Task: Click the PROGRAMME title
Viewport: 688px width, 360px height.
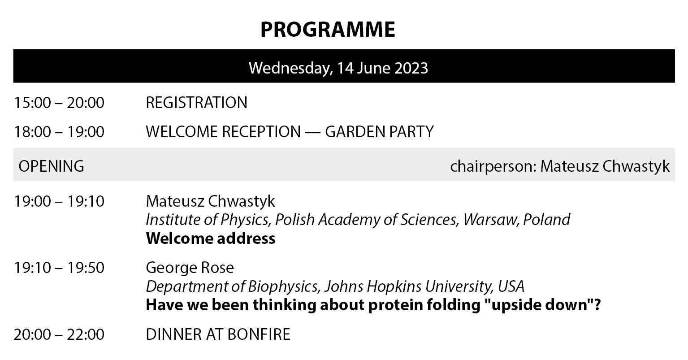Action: click(x=328, y=30)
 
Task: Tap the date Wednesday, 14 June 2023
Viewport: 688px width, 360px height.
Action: click(x=338, y=68)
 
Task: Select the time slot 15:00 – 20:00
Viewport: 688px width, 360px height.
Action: click(x=59, y=103)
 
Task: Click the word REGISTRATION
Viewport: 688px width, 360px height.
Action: click(x=197, y=103)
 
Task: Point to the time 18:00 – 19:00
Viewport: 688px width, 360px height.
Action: click(x=59, y=132)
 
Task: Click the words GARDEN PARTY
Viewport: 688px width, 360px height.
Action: click(x=379, y=132)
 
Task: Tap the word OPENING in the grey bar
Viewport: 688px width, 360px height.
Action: click(x=51, y=166)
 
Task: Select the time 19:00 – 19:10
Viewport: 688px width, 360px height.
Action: click(x=59, y=201)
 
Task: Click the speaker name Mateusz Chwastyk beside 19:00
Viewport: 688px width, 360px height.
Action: click(x=210, y=201)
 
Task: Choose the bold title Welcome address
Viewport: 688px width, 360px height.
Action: click(x=211, y=239)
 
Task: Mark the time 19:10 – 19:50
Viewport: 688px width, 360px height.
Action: click(x=59, y=268)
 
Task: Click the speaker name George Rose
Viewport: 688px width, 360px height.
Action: click(x=190, y=268)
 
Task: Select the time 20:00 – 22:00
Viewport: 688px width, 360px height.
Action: click(x=59, y=334)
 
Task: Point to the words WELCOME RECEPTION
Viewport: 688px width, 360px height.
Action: click(x=223, y=132)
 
